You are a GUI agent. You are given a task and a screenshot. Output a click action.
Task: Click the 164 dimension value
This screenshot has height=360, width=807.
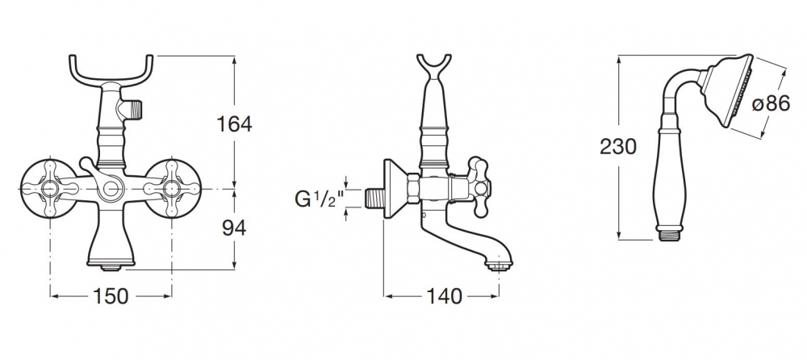(x=234, y=124)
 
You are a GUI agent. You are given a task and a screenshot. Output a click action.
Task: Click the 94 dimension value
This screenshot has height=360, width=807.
(x=234, y=227)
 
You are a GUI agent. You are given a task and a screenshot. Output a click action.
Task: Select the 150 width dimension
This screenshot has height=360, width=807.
(x=111, y=296)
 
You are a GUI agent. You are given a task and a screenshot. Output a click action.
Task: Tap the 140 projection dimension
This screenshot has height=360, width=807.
(x=444, y=296)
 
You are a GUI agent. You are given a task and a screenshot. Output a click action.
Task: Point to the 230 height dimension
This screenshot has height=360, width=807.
(x=618, y=147)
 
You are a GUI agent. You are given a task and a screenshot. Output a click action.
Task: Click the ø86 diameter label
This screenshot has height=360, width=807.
(x=771, y=103)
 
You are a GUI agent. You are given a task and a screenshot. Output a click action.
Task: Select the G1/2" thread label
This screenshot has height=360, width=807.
(x=319, y=199)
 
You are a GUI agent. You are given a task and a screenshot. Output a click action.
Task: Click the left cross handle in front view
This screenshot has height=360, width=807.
(x=50, y=189)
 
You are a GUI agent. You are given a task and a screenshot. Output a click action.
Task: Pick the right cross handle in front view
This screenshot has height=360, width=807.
(x=171, y=189)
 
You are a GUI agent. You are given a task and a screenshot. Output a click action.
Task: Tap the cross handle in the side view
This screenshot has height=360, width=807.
(x=478, y=187)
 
